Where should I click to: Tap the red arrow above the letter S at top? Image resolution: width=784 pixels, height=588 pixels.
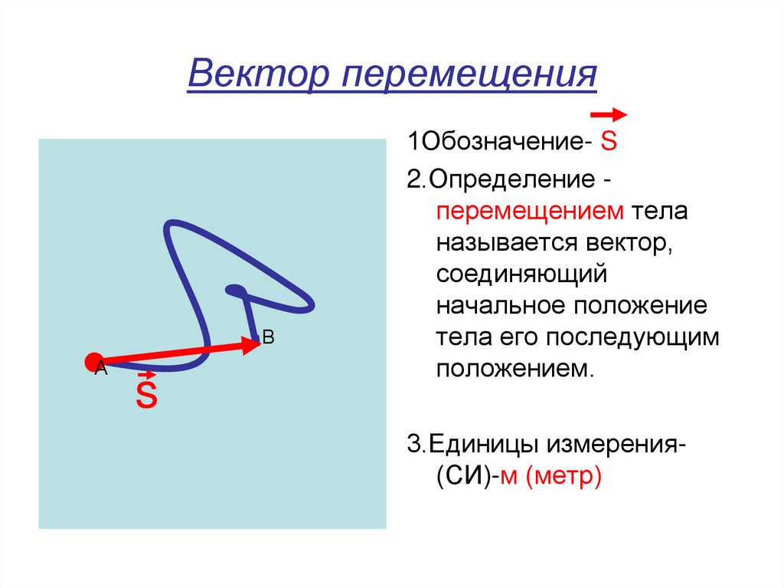[x=609, y=115]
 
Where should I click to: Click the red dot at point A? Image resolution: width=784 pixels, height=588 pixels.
[x=94, y=362]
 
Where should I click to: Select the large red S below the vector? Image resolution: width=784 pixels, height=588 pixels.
[x=146, y=396]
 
